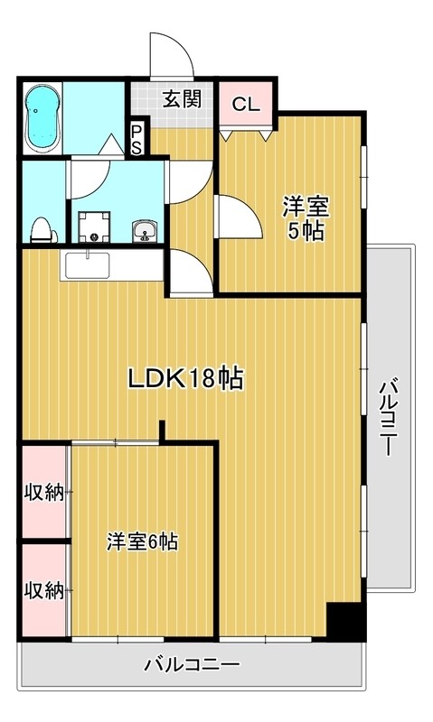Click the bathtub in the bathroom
[41, 120]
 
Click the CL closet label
[245, 104]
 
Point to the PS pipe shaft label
[136, 141]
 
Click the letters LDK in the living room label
[155, 380]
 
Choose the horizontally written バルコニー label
[192, 666]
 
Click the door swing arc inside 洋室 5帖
[235, 217]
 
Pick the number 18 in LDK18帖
[201, 380]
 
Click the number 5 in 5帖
[296, 231]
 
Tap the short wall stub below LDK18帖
[162, 432]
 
